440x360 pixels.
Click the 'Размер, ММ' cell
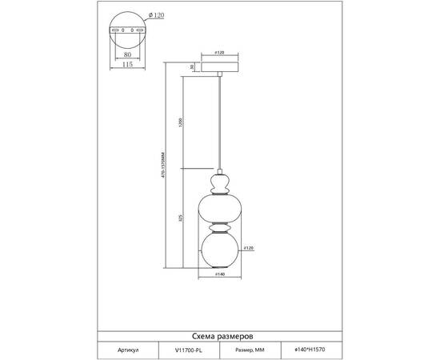pos(255,350)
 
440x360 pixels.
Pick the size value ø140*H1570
pos(310,350)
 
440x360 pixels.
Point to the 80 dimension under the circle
pos(129,55)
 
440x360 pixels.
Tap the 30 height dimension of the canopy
pos(192,67)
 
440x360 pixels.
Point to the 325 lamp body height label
pos(182,218)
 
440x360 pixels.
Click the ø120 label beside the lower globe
pos(249,249)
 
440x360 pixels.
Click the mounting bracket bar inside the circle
pos(129,31)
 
